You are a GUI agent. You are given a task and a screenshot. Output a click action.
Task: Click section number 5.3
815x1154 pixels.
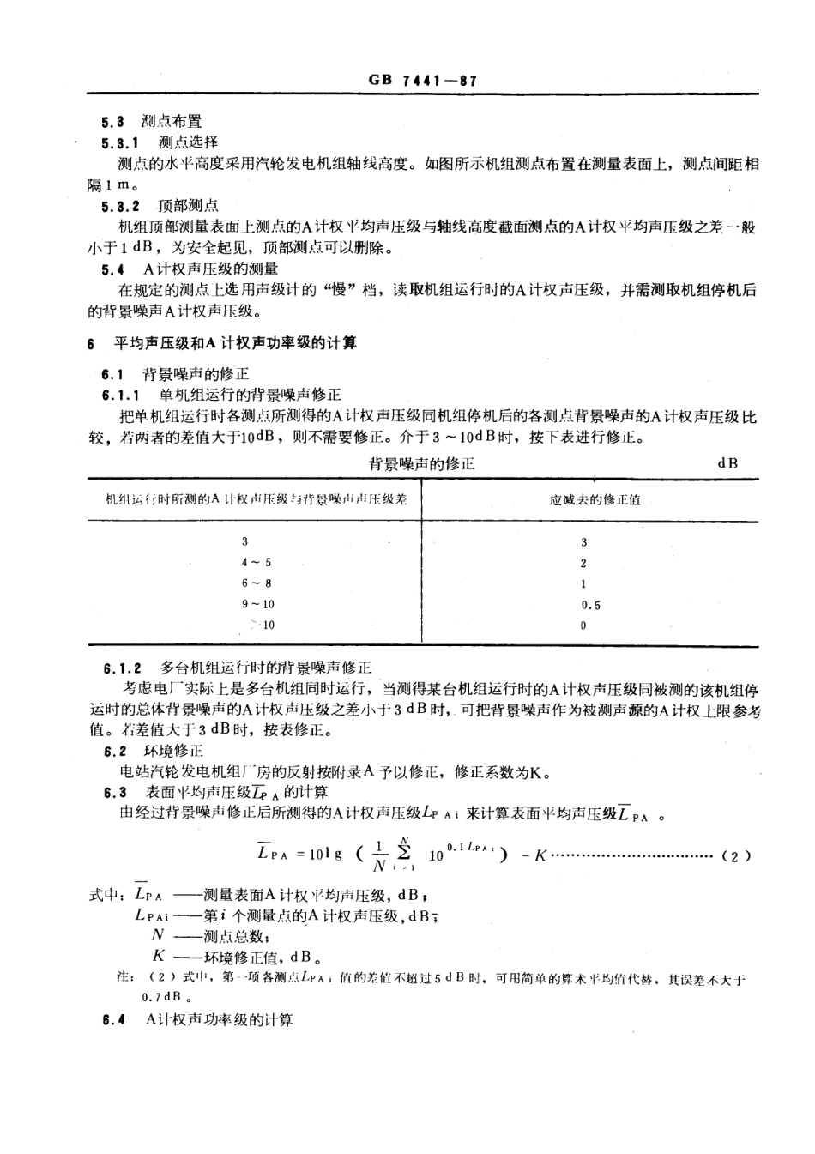click(112, 122)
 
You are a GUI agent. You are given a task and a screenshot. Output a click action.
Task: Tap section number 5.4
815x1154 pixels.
click(112, 269)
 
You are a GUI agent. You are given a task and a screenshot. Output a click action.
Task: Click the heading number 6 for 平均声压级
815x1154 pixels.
click(90, 343)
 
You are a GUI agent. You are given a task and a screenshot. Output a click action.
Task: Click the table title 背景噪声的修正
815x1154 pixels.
click(420, 464)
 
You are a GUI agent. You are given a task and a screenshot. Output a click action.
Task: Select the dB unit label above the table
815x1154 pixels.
click(727, 463)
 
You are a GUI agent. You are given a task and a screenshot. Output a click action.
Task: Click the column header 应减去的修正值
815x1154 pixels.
click(595, 499)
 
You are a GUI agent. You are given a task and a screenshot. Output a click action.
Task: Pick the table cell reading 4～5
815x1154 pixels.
click(256, 563)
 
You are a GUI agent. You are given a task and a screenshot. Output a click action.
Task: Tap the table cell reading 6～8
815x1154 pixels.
click(256, 583)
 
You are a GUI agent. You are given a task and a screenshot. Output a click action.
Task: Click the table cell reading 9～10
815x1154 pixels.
click(257, 604)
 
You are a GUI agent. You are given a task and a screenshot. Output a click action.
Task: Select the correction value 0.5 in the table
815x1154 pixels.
click(590, 605)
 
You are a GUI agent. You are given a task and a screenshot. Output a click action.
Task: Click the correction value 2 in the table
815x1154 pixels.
click(583, 564)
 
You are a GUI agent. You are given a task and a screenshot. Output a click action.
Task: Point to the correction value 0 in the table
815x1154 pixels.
click(583, 625)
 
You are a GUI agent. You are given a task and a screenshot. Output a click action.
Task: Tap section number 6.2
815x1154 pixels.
click(115, 752)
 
